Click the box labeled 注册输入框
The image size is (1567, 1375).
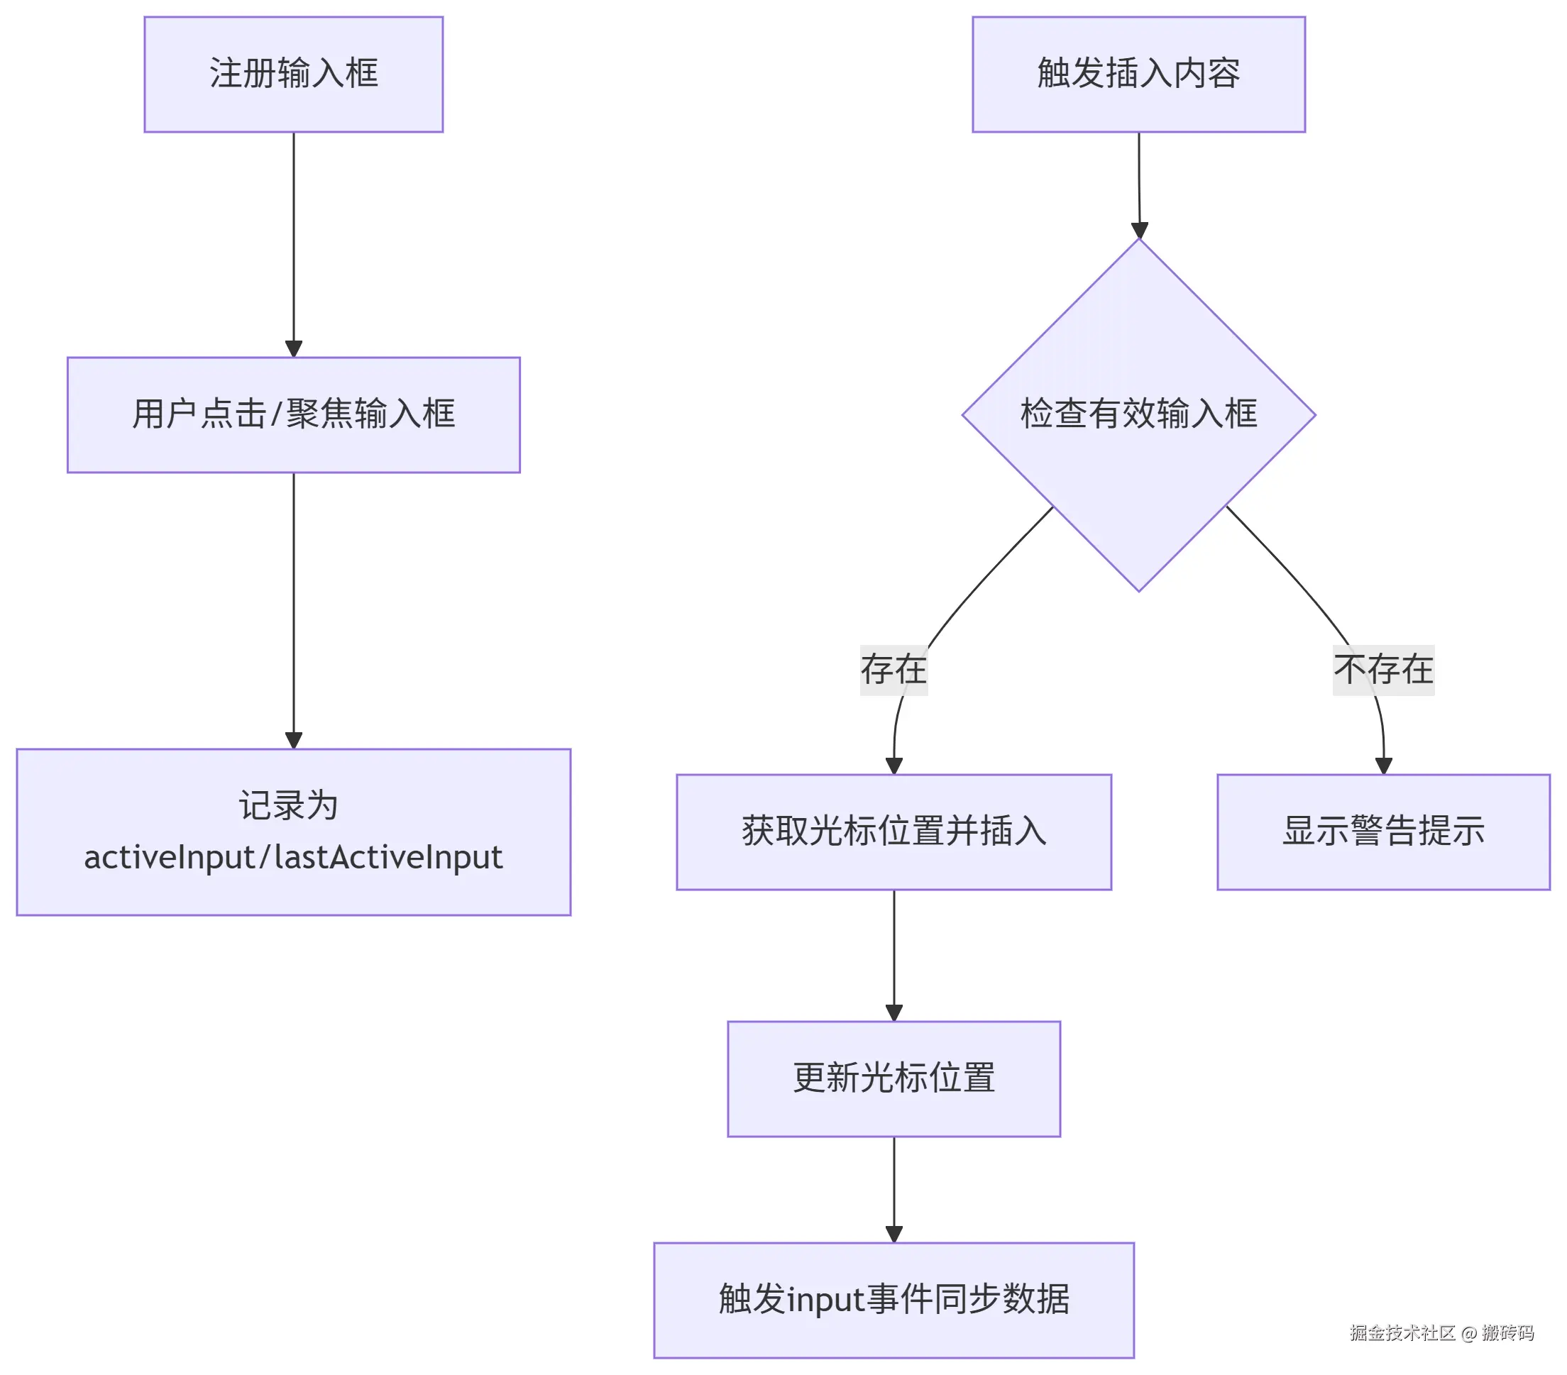coord(294,74)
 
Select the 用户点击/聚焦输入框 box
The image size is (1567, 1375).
coord(294,414)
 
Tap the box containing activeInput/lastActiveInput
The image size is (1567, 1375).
coord(294,832)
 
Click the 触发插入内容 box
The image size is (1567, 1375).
coord(1138,74)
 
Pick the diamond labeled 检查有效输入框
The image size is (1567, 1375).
coord(1138,414)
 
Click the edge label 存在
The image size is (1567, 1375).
coord(893,670)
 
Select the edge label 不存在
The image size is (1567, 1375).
coord(1383,670)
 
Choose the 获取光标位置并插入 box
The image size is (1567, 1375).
coord(893,832)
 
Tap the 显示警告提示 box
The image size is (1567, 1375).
coord(1383,832)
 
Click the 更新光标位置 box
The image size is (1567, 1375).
coord(893,1078)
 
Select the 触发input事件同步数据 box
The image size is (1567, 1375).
coord(893,1300)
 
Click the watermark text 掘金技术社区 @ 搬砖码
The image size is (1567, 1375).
coord(1441,1333)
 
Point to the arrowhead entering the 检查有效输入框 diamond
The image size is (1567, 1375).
coord(1139,230)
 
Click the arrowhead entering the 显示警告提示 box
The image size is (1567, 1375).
coord(1383,766)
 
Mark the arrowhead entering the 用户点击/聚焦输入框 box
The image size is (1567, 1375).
coord(294,349)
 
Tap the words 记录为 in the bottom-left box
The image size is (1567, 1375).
coord(288,805)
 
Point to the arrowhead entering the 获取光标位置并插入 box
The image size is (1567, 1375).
coord(894,766)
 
